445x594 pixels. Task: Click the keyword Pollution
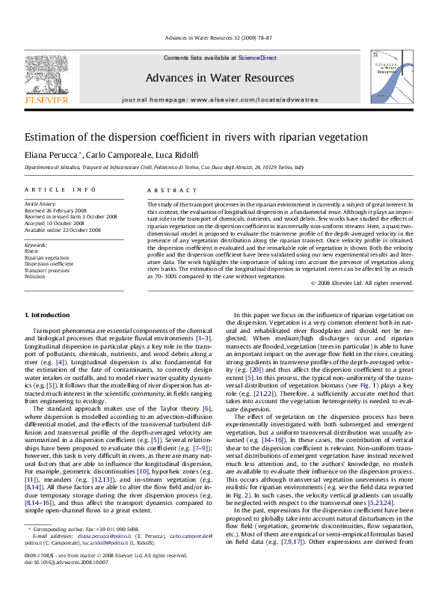[36, 276]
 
